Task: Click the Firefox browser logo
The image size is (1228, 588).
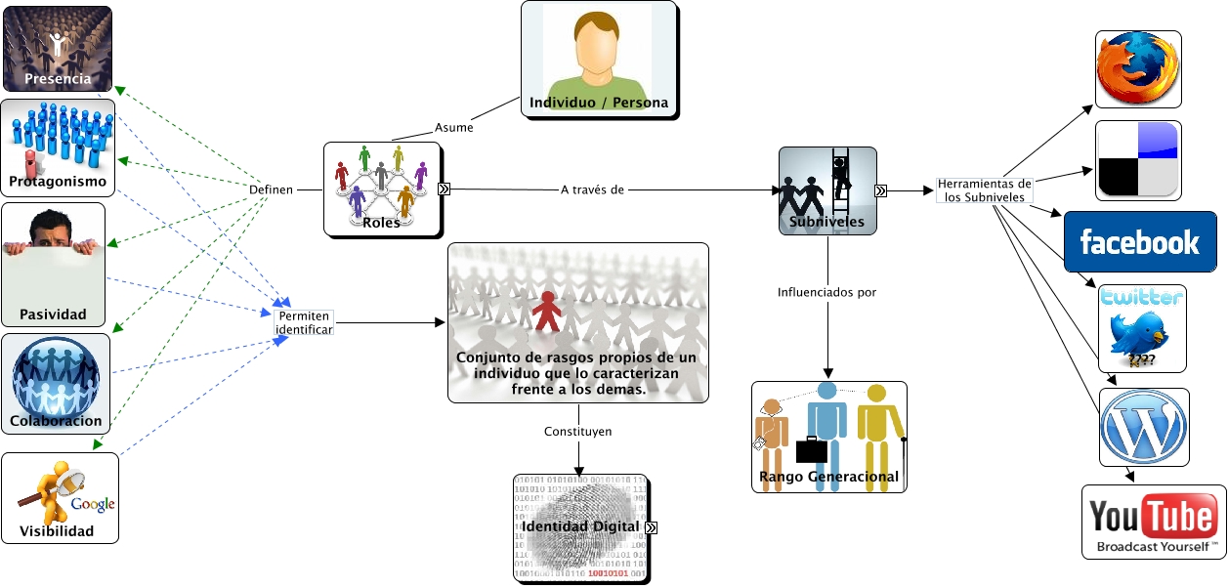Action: (x=1137, y=68)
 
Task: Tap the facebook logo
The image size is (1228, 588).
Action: (x=1139, y=241)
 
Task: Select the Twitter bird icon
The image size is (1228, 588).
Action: (x=1141, y=328)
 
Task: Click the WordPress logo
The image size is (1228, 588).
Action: (x=1143, y=427)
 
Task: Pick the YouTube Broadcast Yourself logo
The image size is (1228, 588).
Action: (x=1153, y=522)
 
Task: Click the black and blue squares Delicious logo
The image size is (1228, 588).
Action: (x=1137, y=160)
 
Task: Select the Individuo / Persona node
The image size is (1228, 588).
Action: (x=598, y=61)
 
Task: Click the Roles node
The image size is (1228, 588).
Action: (x=381, y=189)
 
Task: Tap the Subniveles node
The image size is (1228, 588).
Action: (x=826, y=190)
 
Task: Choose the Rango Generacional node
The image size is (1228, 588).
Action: (x=828, y=436)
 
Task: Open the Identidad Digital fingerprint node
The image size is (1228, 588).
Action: (x=579, y=527)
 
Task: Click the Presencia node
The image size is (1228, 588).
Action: (x=57, y=49)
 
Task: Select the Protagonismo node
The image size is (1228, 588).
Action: (x=58, y=146)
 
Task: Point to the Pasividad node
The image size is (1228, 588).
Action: (x=53, y=264)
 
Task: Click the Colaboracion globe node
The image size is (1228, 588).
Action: (x=56, y=383)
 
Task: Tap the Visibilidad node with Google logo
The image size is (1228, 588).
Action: (x=60, y=497)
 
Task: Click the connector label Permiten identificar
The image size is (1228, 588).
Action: (x=304, y=322)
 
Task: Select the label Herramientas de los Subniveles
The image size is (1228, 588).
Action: (x=983, y=189)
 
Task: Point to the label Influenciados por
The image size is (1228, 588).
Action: (x=826, y=292)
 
